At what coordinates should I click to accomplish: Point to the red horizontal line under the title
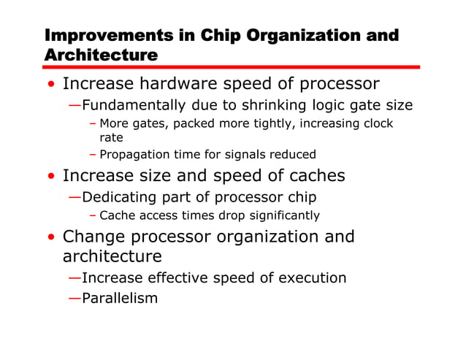pyautogui.click(x=232, y=66)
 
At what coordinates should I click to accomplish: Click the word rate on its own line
pyautogui.click(x=111, y=137)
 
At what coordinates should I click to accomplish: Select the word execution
pyautogui.click(x=309, y=277)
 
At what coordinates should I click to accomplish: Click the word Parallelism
pyautogui.click(x=120, y=298)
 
